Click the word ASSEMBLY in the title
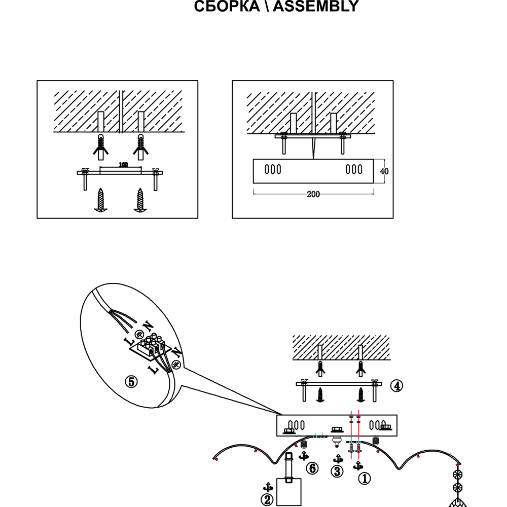[x=315, y=6]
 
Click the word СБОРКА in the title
[x=227, y=6]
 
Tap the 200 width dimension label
[x=313, y=194]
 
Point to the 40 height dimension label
[x=384, y=171]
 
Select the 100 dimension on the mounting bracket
[x=123, y=165]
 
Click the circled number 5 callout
[x=131, y=382]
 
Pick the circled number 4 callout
[x=397, y=386]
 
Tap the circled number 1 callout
[x=365, y=478]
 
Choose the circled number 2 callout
[x=267, y=500]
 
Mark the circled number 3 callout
[x=337, y=472]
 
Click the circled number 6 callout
[x=312, y=468]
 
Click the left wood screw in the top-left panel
[x=101, y=200]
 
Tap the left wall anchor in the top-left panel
[x=101, y=147]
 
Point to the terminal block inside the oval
[x=151, y=347]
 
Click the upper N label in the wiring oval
[x=148, y=325]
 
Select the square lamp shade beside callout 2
[x=289, y=492]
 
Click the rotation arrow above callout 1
[x=357, y=466]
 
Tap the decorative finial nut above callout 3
[x=337, y=442]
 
